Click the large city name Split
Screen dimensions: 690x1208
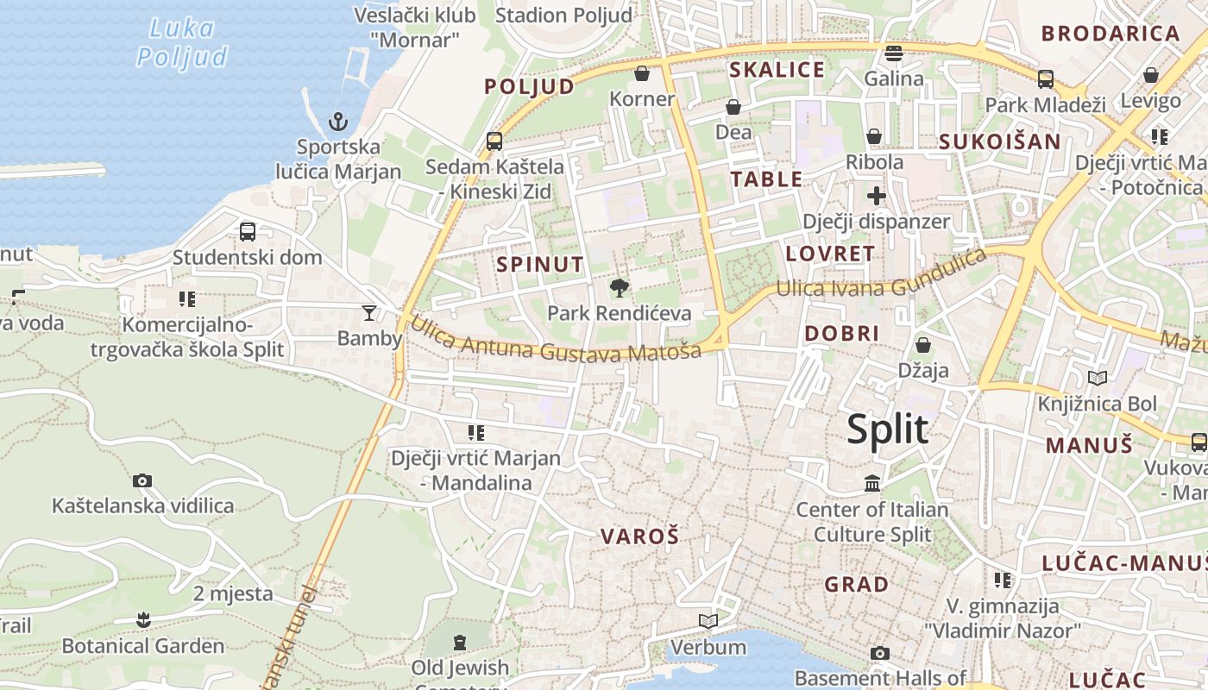tap(887, 429)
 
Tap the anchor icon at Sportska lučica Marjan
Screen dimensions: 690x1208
tap(337, 122)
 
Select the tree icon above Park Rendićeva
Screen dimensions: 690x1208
tap(619, 288)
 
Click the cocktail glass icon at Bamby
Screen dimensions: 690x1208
tap(369, 312)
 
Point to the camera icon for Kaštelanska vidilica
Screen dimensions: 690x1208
tap(142, 480)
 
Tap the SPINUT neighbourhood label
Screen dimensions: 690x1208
tap(541, 264)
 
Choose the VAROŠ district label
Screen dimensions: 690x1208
tap(640, 536)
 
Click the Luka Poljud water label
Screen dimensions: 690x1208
tap(182, 42)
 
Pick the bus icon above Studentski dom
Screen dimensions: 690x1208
tap(248, 231)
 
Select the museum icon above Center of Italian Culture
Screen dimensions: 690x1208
tap(872, 484)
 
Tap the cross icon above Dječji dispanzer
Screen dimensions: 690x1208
tap(877, 196)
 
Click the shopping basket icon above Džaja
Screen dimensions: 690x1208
tap(923, 345)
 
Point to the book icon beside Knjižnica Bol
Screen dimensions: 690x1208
tap(1097, 378)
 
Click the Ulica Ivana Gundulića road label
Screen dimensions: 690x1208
tap(881, 277)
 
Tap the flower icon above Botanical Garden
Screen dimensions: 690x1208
tap(143, 619)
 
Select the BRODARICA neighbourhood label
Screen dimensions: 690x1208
tap(1110, 34)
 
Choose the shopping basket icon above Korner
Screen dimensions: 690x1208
tap(641, 73)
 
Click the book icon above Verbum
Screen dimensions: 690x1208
tap(708, 621)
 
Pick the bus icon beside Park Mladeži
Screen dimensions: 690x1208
tap(1046, 79)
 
